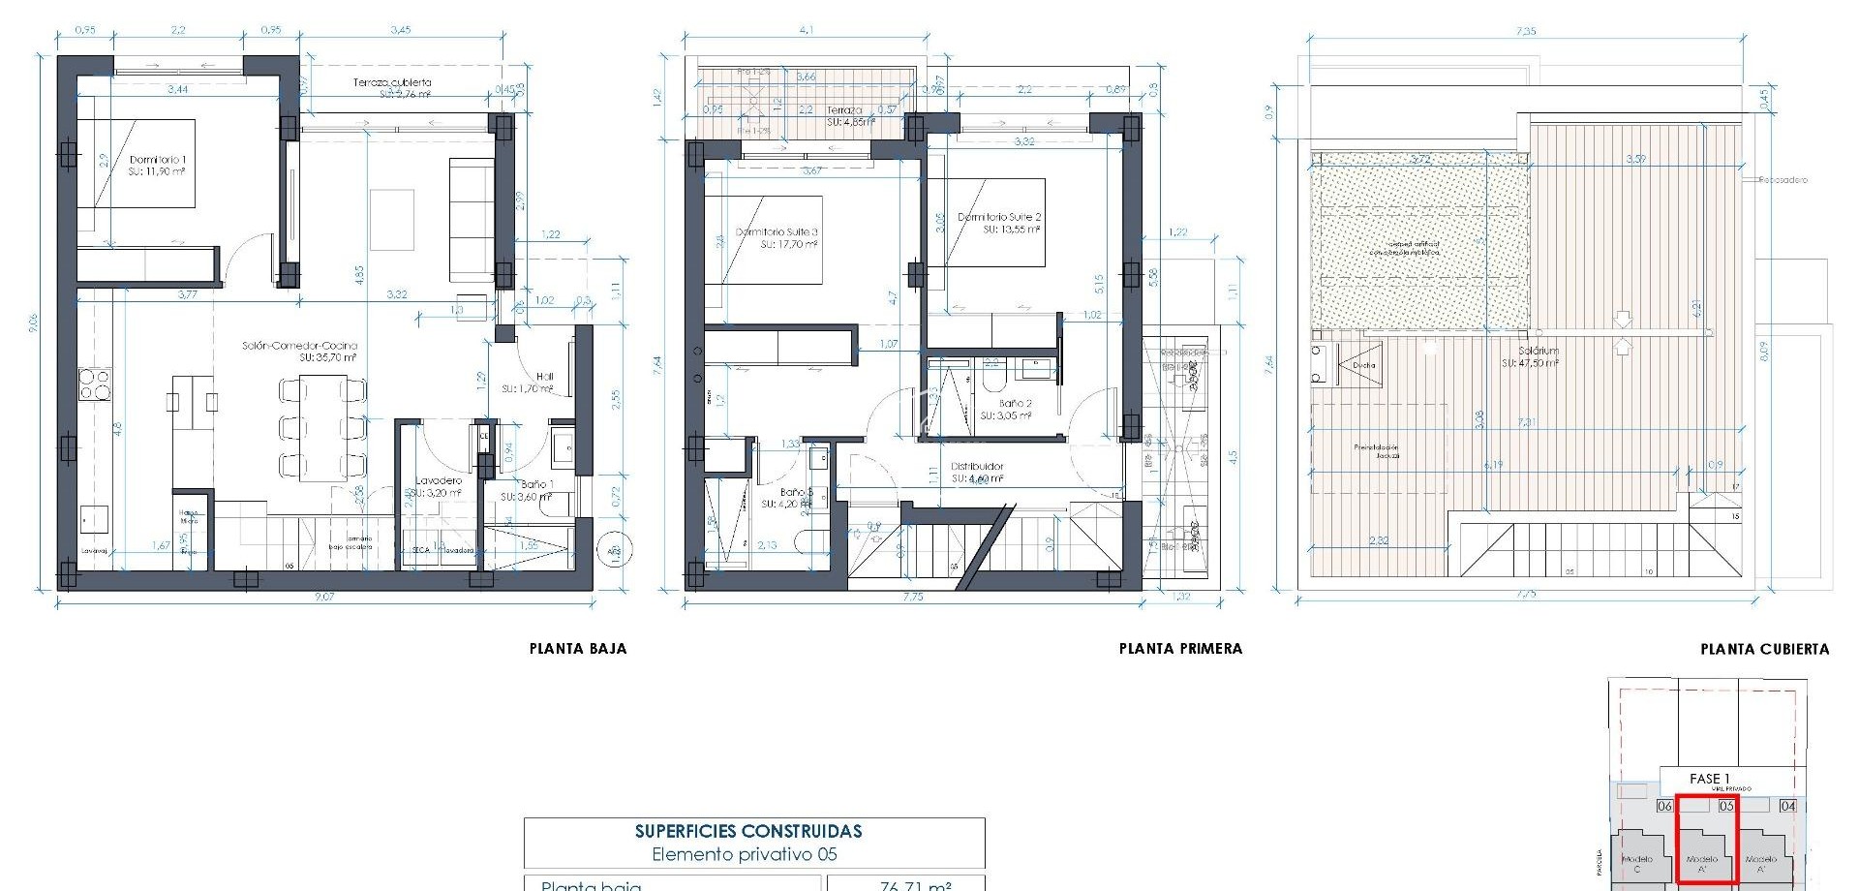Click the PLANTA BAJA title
pyautogui.click(x=578, y=649)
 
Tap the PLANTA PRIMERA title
pyautogui.click(x=1180, y=649)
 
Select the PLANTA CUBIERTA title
pyautogui.click(x=1764, y=649)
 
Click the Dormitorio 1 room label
pyautogui.click(x=157, y=160)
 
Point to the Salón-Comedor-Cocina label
pyautogui.click(x=299, y=346)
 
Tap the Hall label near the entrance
pyautogui.click(x=544, y=377)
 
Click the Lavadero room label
pyautogui.click(x=439, y=480)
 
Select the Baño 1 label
pyautogui.click(x=536, y=484)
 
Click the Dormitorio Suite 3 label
pyautogui.click(x=777, y=232)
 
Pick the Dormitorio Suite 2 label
pyautogui.click(x=999, y=217)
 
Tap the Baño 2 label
pyautogui.click(x=1015, y=403)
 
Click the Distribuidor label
pyautogui.click(x=977, y=467)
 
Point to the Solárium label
pyautogui.click(x=1538, y=351)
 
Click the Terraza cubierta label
pyautogui.click(x=392, y=83)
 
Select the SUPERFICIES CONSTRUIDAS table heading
pyautogui.click(x=748, y=831)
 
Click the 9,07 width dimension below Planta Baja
pyautogui.click(x=323, y=597)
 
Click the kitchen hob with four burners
pyautogui.click(x=95, y=384)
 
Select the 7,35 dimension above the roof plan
pyautogui.click(x=1525, y=31)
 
